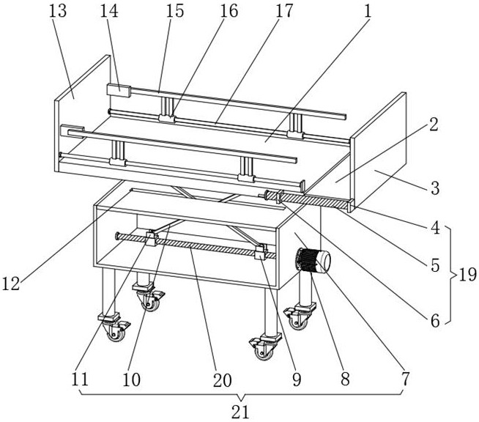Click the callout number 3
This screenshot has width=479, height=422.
tap(434, 188)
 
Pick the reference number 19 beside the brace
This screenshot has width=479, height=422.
tap(467, 275)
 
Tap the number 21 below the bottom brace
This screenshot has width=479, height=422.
tap(239, 411)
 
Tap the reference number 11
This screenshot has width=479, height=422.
tap(81, 380)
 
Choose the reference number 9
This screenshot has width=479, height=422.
tap(297, 380)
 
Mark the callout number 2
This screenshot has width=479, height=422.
tap(434, 125)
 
